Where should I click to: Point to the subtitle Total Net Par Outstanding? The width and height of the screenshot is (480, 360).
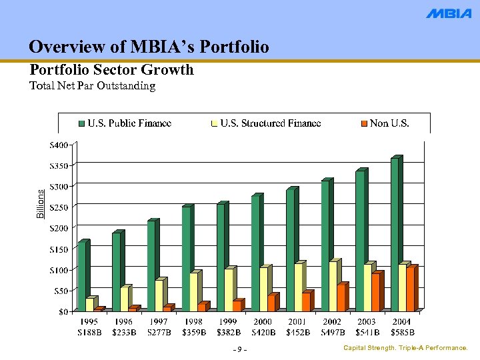[93, 86]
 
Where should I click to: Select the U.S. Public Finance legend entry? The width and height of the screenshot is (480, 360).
[125, 123]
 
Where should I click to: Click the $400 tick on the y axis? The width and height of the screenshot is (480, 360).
[63, 145]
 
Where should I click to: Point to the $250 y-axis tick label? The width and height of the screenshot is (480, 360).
[63, 207]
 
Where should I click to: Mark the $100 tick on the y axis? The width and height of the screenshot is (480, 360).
[63, 269]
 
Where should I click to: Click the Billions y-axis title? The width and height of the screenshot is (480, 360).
[40, 204]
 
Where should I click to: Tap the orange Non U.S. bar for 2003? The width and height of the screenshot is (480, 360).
[376, 293]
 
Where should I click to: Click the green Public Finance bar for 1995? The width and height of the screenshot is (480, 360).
[82, 277]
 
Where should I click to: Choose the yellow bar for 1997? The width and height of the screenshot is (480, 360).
[159, 295]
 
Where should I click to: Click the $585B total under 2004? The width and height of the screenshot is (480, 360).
[403, 331]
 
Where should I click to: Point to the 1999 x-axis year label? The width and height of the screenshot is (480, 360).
[229, 321]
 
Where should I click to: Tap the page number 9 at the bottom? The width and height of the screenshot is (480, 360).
[240, 350]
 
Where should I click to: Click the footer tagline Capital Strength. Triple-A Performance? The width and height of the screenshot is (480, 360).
[405, 349]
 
